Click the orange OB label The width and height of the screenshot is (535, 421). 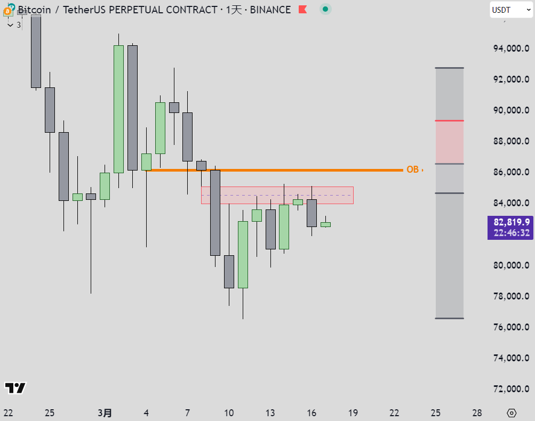(412, 170)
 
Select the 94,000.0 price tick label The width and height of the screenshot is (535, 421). (511, 48)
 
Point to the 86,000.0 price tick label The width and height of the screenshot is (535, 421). (511, 172)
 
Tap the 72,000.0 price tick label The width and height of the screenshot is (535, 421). (511, 389)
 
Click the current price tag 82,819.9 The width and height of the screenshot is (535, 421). (511, 222)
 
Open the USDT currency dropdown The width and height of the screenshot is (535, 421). (511, 10)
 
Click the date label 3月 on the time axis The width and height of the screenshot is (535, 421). (105, 413)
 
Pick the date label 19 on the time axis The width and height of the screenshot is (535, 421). (353, 413)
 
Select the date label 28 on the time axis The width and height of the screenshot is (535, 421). (477, 413)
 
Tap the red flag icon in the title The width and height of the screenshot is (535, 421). (302, 10)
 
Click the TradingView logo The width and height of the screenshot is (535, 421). (15, 388)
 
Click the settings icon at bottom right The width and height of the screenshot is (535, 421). (512, 413)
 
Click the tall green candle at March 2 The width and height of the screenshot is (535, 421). (118, 109)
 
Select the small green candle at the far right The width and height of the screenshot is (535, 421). (325, 224)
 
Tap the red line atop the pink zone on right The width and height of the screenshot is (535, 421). (449, 121)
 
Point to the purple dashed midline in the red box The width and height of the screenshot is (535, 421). (277, 196)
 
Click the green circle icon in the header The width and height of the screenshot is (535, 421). (325, 10)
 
